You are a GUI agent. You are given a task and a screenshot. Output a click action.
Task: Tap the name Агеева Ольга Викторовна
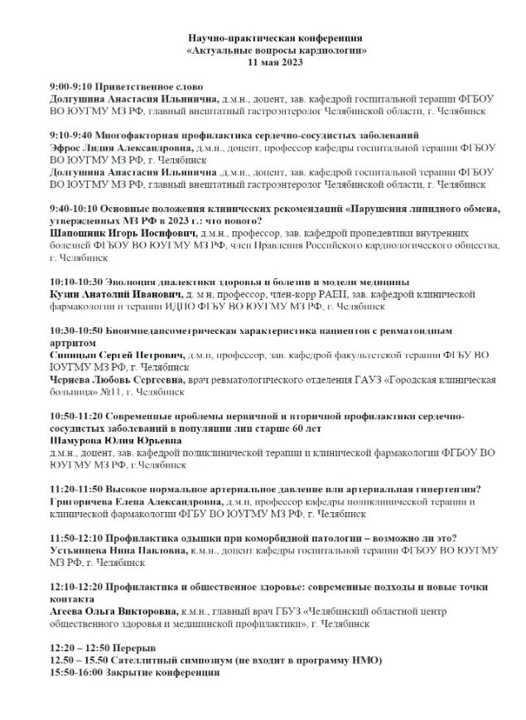tap(111, 611)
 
